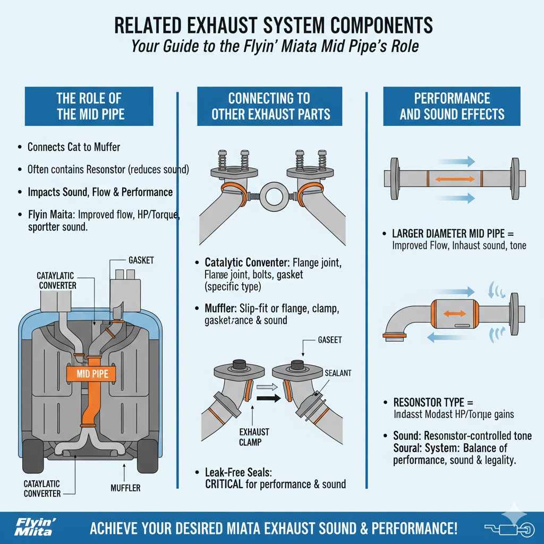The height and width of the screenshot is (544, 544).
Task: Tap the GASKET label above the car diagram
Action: coord(141,261)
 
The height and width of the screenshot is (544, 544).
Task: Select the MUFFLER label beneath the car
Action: coord(125,488)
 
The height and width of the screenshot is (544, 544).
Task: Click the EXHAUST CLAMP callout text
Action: coord(254,436)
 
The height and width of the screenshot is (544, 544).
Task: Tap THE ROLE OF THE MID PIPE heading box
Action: coord(89,106)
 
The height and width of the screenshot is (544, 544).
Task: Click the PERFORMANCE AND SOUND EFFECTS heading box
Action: coord(452,106)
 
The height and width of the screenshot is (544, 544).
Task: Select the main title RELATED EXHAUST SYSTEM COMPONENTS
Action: coord(273,25)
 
